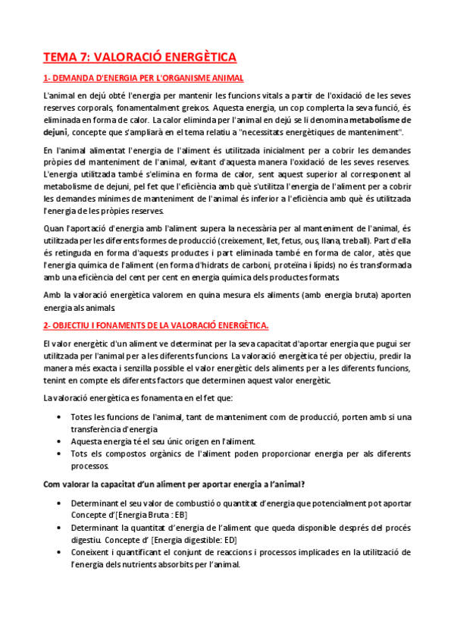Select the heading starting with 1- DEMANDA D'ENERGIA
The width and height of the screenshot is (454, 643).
tap(143, 78)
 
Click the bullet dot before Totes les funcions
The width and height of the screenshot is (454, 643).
tap(60, 417)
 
